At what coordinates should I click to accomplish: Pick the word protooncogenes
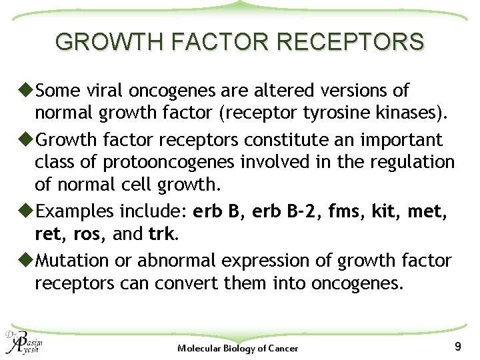157,162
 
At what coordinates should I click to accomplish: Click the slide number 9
457,346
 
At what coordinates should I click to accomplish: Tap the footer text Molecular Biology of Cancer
238,348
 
